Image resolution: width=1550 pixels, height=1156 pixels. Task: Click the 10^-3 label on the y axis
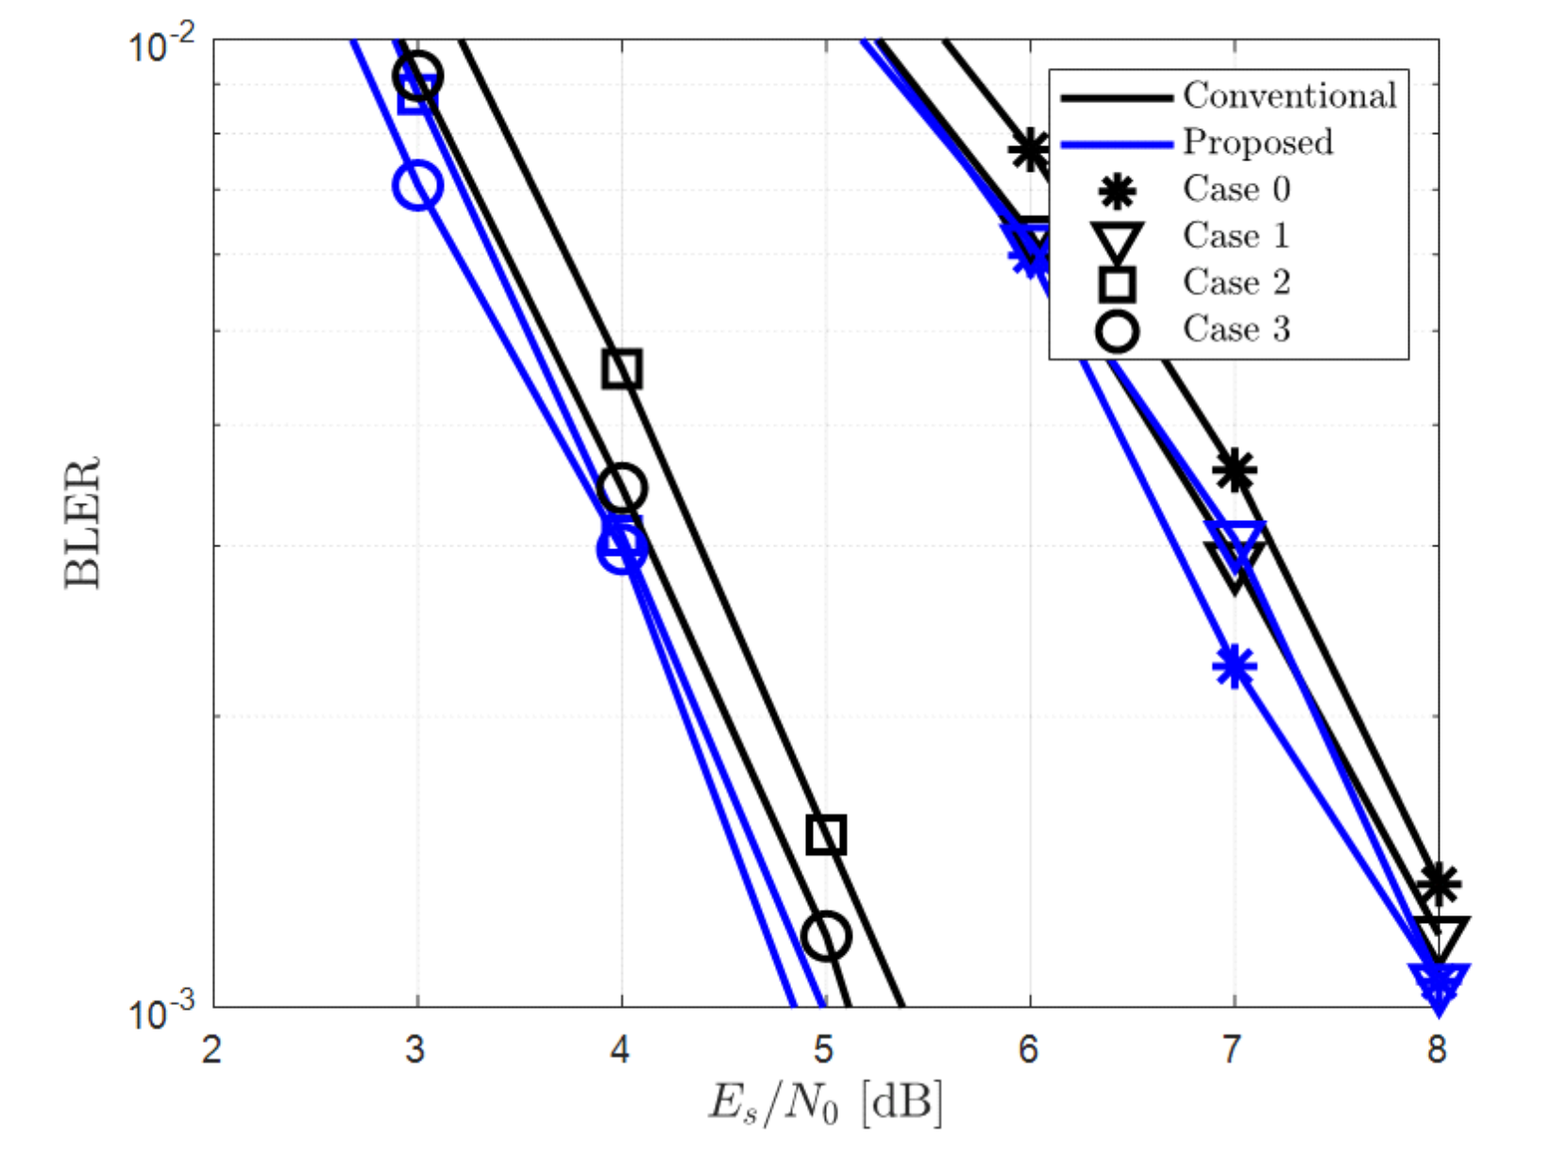161,1014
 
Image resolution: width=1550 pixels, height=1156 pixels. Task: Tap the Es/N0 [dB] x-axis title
825,1101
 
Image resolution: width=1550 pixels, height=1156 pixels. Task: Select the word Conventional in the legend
1289,95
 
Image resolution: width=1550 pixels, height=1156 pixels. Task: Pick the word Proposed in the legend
1257,142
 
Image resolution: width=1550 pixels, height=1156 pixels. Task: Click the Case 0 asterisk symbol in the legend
1117,192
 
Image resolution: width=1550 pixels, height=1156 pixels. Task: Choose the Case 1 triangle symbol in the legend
1117,241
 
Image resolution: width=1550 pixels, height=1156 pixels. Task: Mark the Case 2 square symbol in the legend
1117,283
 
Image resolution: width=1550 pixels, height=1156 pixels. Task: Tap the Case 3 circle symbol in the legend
1117,331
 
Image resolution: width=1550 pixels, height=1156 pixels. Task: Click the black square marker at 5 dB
826,834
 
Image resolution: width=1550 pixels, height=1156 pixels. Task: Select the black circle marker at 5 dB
826,936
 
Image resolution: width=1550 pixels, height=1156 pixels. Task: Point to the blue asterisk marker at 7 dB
1234,667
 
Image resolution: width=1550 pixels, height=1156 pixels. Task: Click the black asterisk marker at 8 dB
1438,884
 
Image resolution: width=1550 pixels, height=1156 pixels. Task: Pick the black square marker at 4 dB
622,368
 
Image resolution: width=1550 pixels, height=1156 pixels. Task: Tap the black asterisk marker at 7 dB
1234,470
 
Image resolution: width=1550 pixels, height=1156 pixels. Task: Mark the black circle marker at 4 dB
621,488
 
